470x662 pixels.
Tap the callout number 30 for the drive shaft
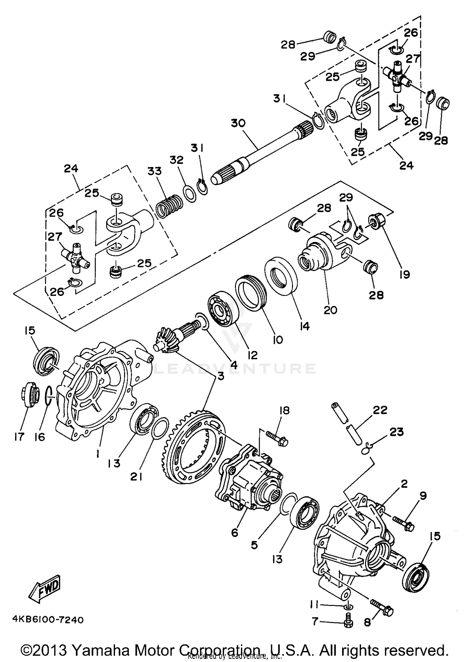[238, 123]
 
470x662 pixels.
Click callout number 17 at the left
[19, 437]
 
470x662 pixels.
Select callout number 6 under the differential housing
[235, 532]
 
